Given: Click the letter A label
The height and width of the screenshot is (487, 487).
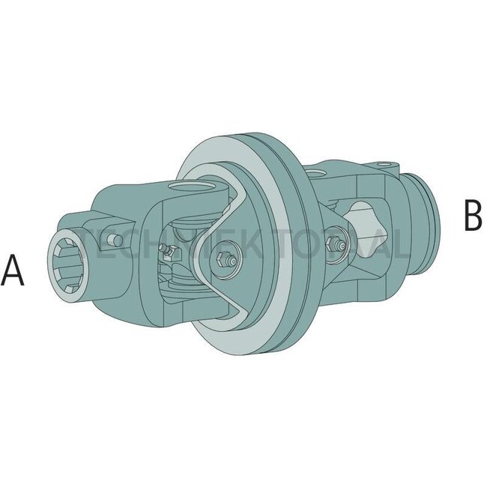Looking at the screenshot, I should point(13,270).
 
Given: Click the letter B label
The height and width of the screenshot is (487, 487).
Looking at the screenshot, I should point(472,215).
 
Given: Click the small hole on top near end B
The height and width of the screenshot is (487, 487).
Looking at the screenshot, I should point(386,163).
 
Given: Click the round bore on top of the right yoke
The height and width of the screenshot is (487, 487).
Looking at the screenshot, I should point(318,174).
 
